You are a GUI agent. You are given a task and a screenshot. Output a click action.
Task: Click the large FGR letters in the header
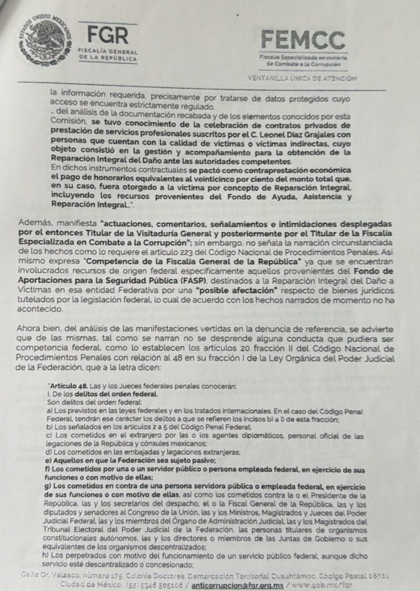click(105, 36)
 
